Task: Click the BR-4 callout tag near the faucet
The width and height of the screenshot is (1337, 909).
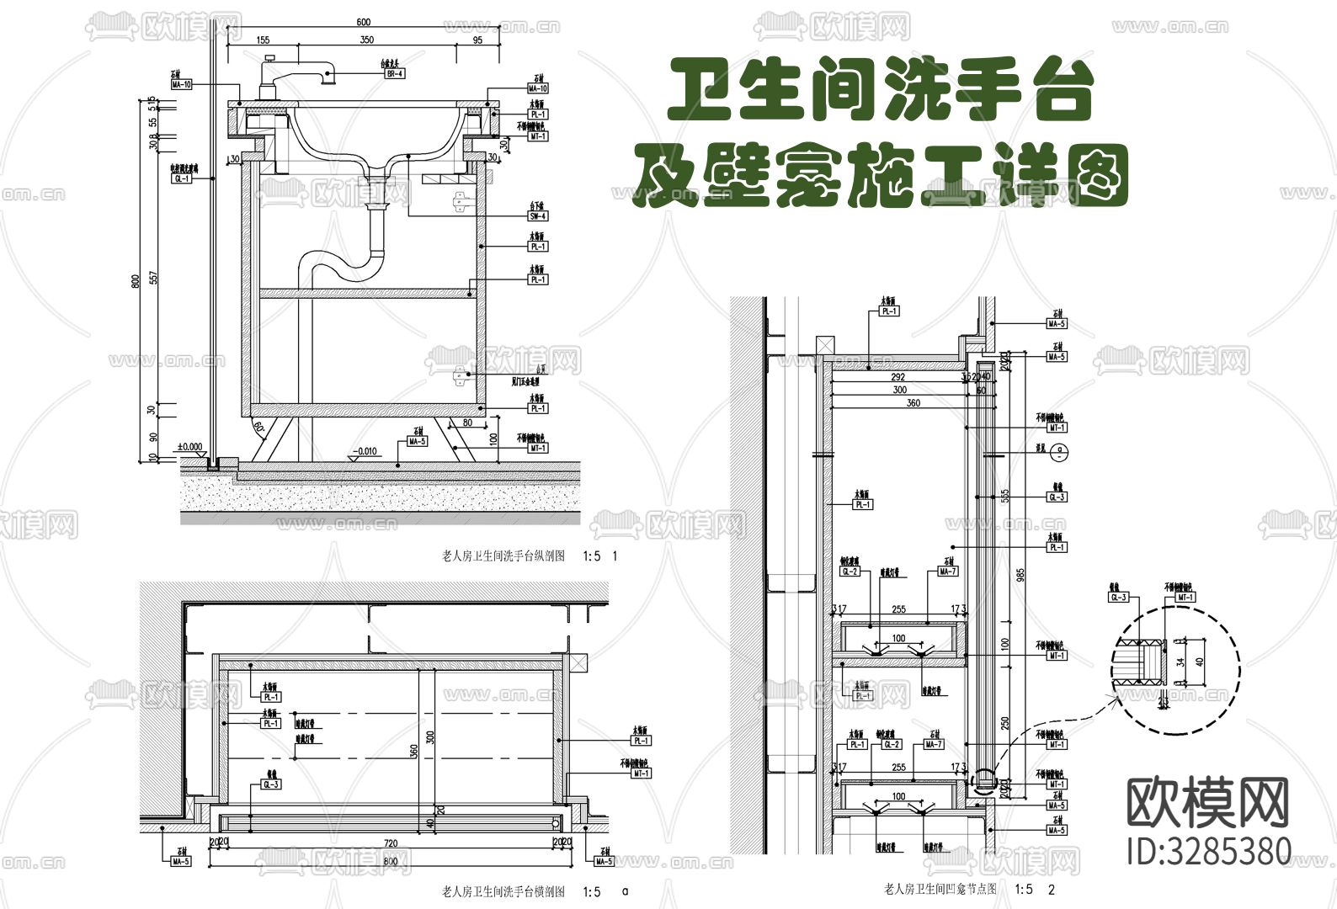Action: click(x=395, y=74)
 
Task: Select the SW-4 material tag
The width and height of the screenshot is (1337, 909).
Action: click(x=538, y=216)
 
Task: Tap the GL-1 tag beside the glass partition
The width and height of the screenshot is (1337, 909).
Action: click(x=181, y=179)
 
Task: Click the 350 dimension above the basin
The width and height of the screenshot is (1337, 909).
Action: click(x=366, y=40)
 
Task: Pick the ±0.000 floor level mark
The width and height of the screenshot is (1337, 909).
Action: click(x=189, y=447)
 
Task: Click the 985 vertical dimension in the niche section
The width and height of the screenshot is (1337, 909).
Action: click(x=1020, y=576)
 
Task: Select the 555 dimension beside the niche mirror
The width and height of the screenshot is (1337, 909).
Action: click(x=1004, y=496)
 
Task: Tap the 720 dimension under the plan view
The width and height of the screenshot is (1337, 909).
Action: click(x=390, y=842)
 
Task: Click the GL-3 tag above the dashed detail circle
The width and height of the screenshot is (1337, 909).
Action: click(x=1118, y=598)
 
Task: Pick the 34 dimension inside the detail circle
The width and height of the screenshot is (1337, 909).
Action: click(x=1180, y=661)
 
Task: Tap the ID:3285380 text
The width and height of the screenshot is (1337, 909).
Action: click(x=1208, y=850)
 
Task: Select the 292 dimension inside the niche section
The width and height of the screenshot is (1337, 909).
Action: click(x=898, y=378)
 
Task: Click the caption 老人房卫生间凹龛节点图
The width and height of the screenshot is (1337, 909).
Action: click(x=940, y=889)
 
